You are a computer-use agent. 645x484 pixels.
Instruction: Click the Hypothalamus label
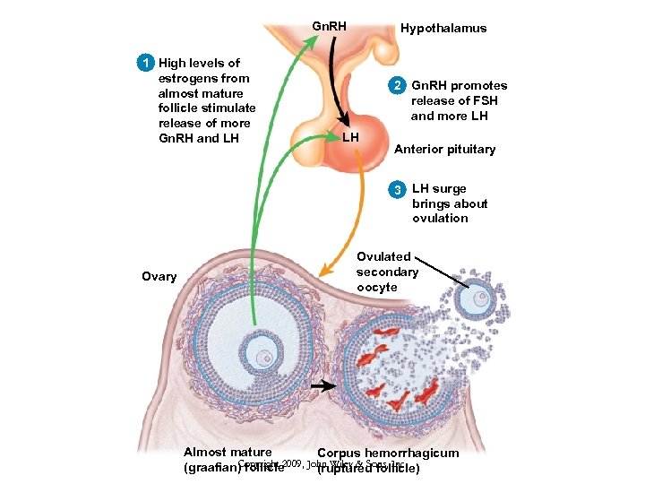[x=443, y=28]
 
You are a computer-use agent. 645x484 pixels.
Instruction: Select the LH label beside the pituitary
[x=350, y=137]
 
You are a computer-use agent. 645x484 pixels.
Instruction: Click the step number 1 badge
[x=142, y=63]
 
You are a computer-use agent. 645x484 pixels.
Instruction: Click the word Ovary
[x=159, y=276]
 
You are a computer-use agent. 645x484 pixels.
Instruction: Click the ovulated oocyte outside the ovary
[x=482, y=298]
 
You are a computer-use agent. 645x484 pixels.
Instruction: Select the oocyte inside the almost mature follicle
[x=264, y=358]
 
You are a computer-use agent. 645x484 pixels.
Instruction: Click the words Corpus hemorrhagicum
[x=388, y=454]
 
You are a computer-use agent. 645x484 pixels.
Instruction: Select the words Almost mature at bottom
[x=228, y=453]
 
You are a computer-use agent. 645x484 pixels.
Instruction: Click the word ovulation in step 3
[x=440, y=218]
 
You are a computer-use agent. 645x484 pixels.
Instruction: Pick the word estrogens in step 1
[x=188, y=78]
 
